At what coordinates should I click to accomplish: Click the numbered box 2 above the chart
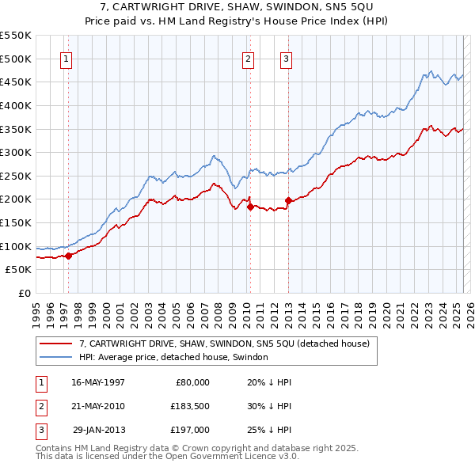[248, 58]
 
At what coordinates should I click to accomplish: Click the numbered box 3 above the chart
[286, 58]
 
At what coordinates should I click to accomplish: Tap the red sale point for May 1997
[68, 255]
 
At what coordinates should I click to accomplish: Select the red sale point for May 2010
[250, 207]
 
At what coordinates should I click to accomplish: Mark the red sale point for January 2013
[288, 200]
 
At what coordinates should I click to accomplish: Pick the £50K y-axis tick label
[19, 270]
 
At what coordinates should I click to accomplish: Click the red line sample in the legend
[56, 344]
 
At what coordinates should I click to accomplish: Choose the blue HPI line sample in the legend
[56, 357]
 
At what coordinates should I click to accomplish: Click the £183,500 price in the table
[190, 406]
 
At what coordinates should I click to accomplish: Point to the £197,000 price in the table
[190, 430]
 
